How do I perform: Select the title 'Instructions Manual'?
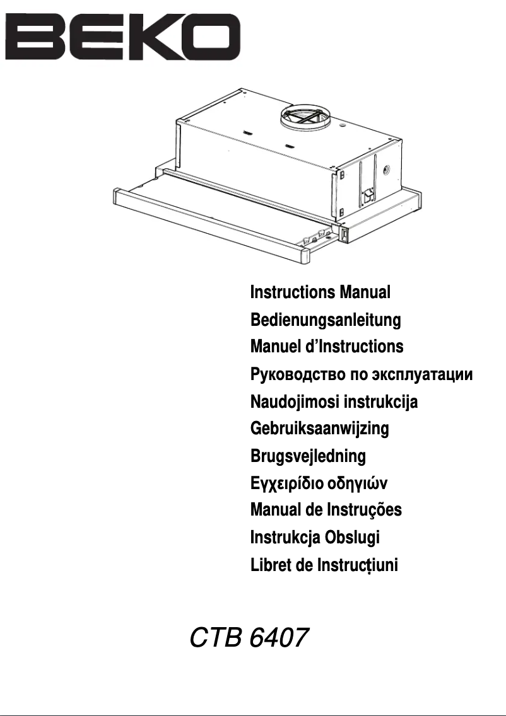point(321,292)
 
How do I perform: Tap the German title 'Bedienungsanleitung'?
point(326,320)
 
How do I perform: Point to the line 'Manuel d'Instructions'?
point(327,347)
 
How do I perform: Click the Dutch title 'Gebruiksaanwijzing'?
point(319,429)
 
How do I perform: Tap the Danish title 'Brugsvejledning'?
point(308,456)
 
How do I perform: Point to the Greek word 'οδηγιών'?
point(357,484)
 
